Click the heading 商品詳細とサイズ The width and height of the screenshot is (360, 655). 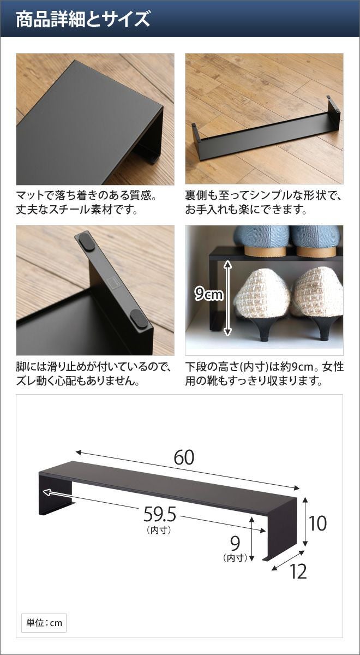tap(83, 19)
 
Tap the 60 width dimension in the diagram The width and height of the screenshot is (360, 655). tap(184, 457)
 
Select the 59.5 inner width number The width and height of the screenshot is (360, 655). tap(159, 514)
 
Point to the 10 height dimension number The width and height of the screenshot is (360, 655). tap(317, 523)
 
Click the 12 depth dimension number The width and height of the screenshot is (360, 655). tap(298, 571)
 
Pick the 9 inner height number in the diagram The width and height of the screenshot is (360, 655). tap(235, 543)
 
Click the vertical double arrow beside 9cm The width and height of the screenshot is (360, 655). tap(227, 297)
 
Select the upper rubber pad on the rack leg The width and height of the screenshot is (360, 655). tap(87, 241)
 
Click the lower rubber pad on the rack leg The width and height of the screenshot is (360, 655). tap(139, 318)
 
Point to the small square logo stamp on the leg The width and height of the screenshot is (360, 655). tap(112, 282)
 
